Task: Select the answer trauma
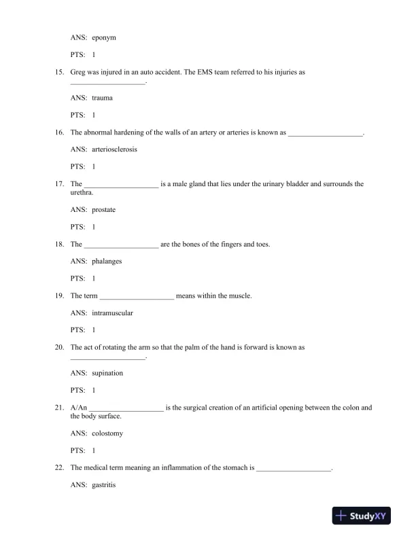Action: click(x=102, y=98)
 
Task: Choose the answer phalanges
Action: click(x=107, y=261)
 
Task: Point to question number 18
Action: click(x=59, y=244)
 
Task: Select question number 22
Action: click(x=59, y=467)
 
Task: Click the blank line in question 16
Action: click(x=326, y=133)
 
